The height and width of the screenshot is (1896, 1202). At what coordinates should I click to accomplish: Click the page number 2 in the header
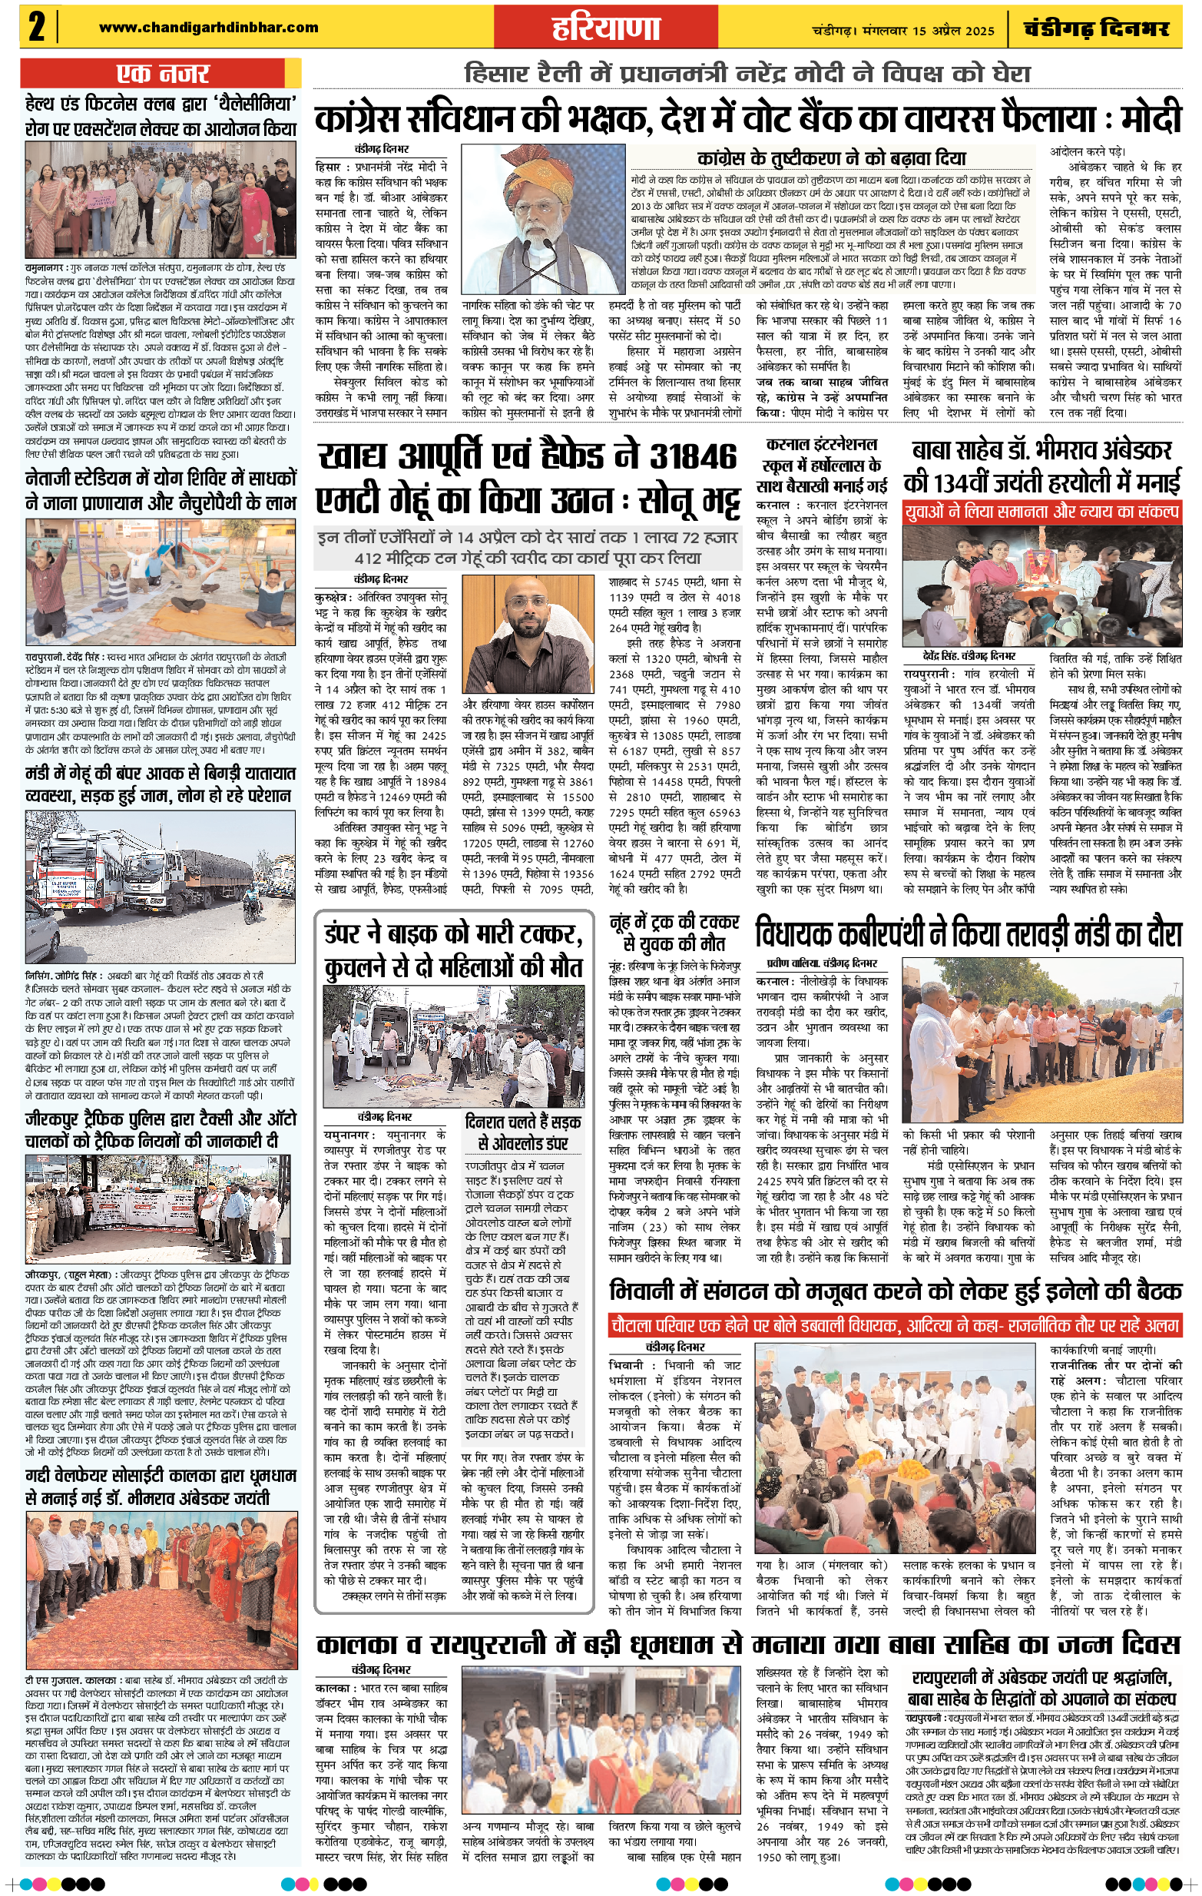(x=37, y=27)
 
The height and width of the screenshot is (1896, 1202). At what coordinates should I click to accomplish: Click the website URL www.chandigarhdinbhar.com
(x=209, y=28)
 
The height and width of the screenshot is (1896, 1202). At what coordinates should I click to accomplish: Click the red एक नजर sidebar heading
(x=162, y=74)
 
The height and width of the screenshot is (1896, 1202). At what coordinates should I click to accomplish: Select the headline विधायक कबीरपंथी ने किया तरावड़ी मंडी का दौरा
(x=969, y=934)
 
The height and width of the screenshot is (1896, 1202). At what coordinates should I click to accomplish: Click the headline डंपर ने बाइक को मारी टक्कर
(x=453, y=950)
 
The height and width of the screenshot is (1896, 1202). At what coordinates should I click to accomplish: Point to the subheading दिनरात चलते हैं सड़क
(x=523, y=1132)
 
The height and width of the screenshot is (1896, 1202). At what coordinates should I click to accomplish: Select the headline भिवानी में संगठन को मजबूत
(x=894, y=1291)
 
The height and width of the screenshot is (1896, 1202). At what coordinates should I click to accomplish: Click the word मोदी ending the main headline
(x=1151, y=118)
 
